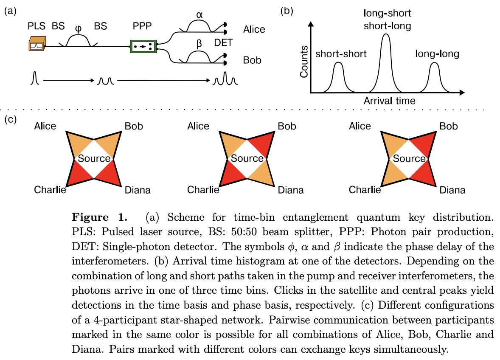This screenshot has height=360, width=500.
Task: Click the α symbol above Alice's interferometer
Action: [x=199, y=14]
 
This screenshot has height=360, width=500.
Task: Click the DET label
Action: [x=223, y=42]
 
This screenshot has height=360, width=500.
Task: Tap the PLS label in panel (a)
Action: [x=36, y=26]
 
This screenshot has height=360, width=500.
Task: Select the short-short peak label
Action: [x=341, y=54]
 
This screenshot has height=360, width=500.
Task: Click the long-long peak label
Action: [x=437, y=54]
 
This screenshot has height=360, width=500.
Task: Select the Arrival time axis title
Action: [x=389, y=101]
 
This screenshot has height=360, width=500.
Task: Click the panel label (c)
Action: [x=10, y=119]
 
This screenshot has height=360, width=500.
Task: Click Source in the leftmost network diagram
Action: [x=93, y=159]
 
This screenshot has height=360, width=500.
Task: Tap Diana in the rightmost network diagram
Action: [x=452, y=190]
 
